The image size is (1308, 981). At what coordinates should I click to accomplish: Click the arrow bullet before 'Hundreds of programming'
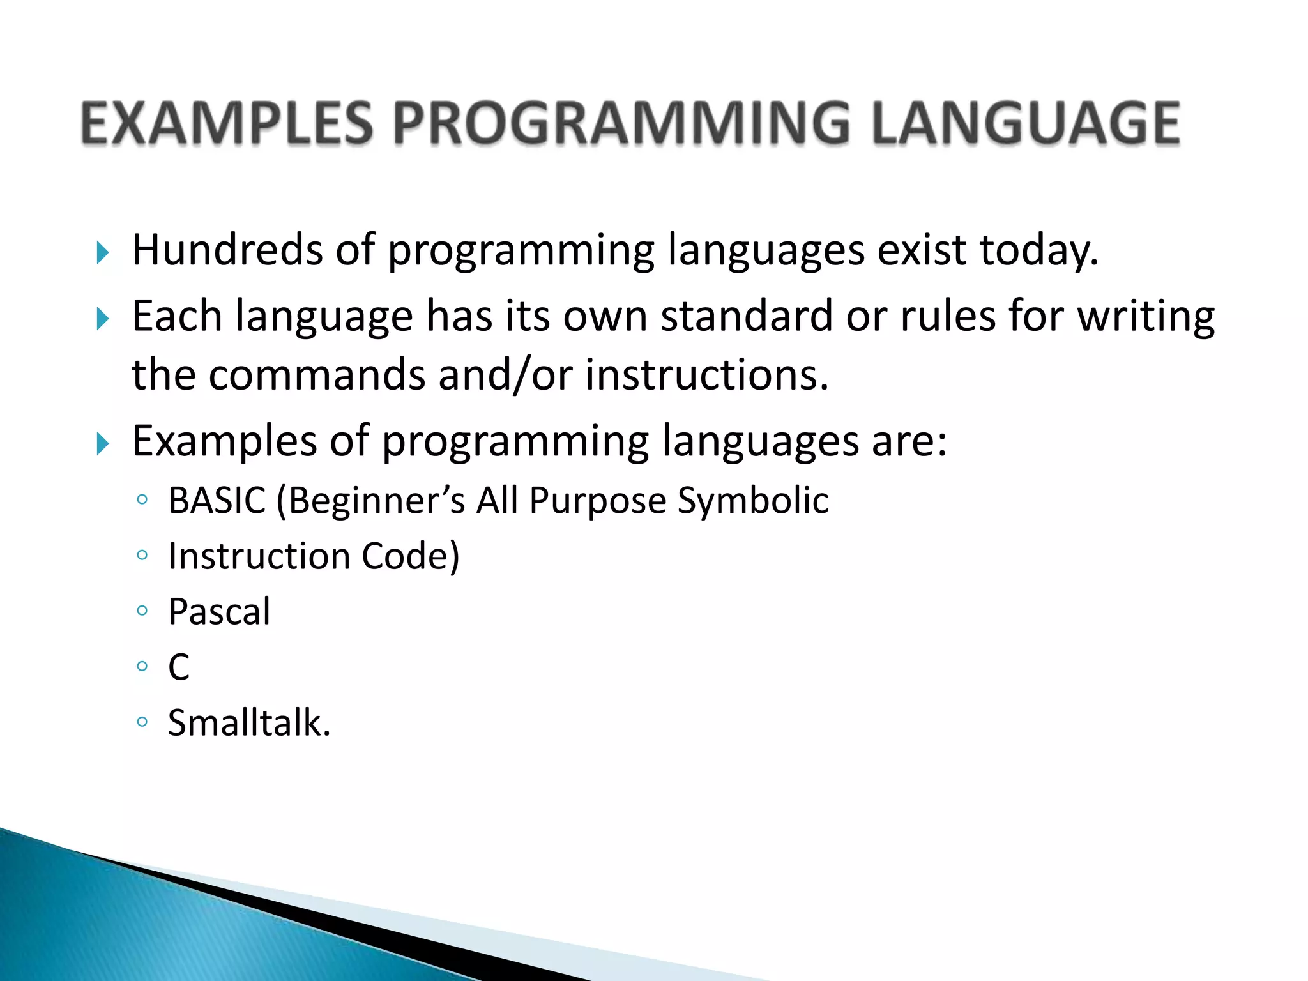[x=103, y=253]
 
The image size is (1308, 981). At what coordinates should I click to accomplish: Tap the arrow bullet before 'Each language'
[x=103, y=319]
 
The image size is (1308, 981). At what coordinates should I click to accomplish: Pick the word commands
[x=317, y=375]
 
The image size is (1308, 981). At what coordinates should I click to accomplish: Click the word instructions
[x=706, y=375]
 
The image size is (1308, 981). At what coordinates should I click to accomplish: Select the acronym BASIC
[x=217, y=500]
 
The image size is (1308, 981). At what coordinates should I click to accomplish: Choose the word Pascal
[x=219, y=612]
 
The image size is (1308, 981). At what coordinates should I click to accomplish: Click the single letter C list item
[x=179, y=667]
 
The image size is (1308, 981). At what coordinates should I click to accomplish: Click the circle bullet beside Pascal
[x=142, y=611]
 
